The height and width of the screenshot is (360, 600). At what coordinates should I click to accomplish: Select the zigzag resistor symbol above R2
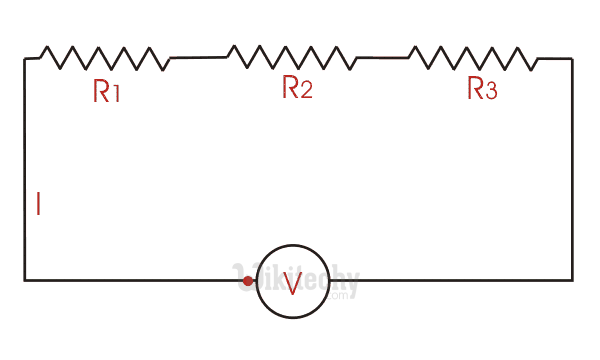292,57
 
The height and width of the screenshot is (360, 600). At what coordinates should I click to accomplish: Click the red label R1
107,92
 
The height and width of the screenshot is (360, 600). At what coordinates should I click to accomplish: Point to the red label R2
297,88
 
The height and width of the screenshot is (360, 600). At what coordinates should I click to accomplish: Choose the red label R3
481,90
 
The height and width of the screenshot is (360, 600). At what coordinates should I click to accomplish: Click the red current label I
38,205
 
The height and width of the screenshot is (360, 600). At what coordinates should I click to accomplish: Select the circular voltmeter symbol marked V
291,282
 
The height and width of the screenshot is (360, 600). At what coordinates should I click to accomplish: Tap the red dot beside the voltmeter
248,281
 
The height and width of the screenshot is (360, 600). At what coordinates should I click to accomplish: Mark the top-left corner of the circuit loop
25,59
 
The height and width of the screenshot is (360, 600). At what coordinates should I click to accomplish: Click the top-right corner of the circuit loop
572,59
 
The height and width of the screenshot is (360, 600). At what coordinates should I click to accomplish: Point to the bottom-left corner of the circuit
25,280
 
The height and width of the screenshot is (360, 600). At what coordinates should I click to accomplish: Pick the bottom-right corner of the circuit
572,280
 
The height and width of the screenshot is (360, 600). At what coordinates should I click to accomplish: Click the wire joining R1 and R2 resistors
198,57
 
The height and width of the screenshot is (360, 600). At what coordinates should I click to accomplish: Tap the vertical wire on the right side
572,170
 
